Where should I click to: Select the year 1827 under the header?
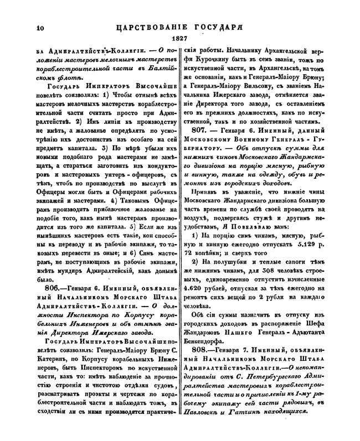click(181, 39)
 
